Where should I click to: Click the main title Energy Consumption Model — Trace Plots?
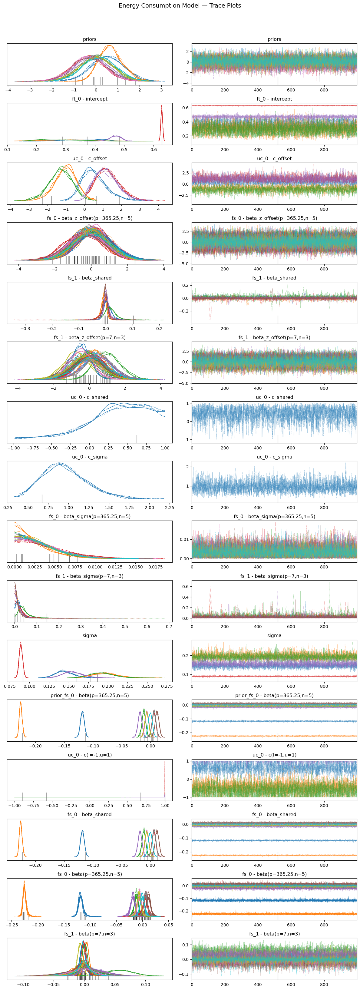(x=180, y=6)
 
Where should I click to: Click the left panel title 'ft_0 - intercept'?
(x=90, y=99)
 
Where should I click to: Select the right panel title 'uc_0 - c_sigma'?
(x=274, y=457)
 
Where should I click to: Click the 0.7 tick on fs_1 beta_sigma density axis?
(x=169, y=627)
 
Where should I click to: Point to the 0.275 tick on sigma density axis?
(x=167, y=686)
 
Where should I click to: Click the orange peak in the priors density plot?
(x=110, y=46)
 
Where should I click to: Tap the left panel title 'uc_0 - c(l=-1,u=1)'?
(x=90, y=755)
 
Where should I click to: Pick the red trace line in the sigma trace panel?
(x=269, y=676)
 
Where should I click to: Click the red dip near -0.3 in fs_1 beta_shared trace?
(x=210, y=319)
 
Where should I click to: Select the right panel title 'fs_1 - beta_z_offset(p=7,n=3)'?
(x=274, y=337)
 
